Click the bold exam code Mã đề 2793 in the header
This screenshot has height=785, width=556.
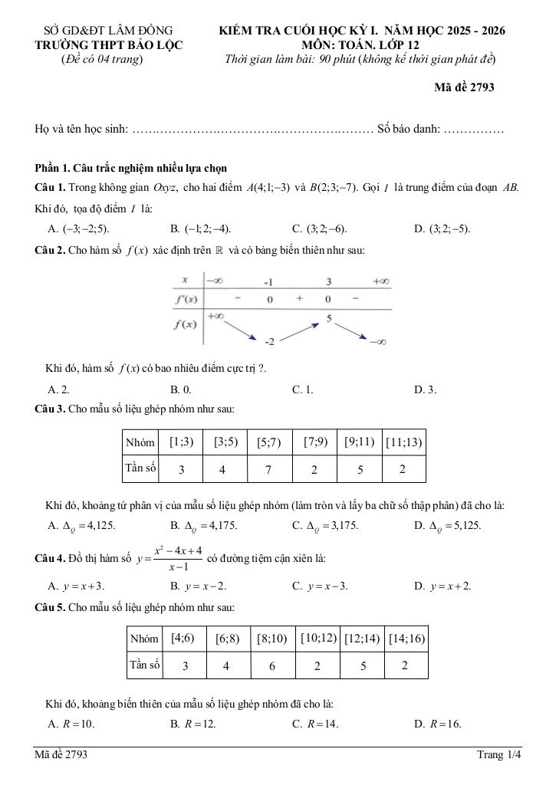coord(464,87)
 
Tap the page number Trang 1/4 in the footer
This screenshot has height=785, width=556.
coord(498,755)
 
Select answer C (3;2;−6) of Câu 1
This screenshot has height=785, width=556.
coord(319,228)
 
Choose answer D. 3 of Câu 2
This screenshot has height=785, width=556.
coord(425,389)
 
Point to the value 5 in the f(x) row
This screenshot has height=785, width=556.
coord(328,317)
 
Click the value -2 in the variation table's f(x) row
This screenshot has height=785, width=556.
coord(269,340)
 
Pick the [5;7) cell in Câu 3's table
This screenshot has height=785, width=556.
coord(268,442)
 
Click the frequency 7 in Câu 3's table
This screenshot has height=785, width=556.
coord(268,470)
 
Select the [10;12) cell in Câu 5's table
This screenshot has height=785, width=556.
coord(318,638)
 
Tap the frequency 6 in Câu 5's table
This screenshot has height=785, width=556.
coord(272,666)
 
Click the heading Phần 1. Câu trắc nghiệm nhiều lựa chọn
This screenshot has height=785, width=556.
coord(130,168)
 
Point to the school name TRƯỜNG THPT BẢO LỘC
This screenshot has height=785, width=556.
coord(109,45)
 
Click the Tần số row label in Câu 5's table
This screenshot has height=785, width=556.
coord(145,665)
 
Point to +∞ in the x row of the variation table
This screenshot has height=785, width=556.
coord(381,281)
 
